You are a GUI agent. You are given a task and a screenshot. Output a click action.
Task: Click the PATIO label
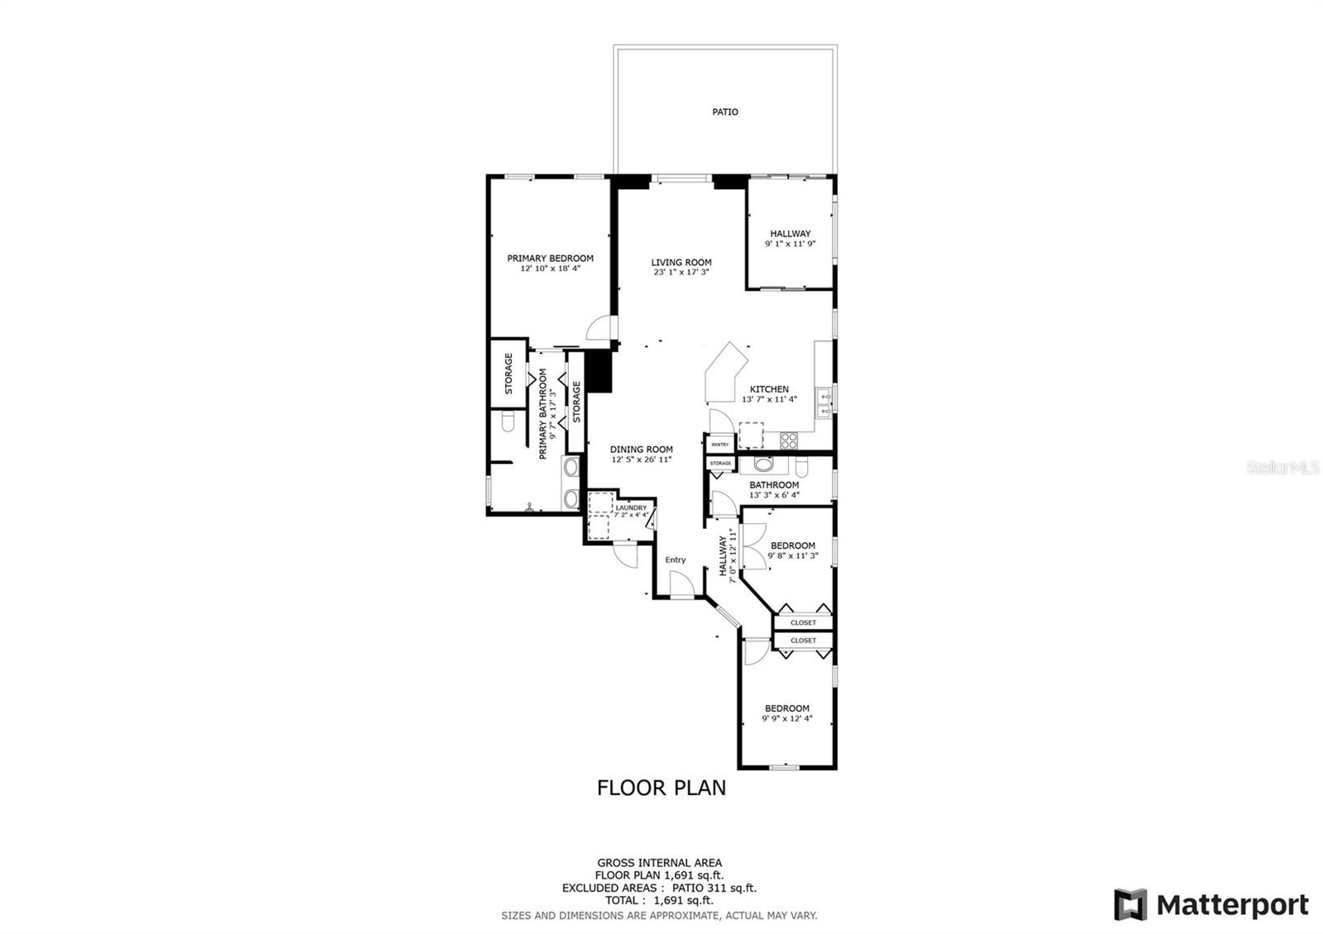tap(724, 112)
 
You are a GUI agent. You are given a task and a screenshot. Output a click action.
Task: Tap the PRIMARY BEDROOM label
tap(550, 258)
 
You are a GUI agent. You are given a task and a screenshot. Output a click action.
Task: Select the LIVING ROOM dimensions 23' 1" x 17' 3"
tap(681, 272)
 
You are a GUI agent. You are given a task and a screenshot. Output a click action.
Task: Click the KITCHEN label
tap(769, 389)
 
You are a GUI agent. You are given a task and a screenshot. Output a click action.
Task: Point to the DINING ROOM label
tap(642, 450)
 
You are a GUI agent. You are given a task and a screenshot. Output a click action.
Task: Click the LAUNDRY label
tap(631, 508)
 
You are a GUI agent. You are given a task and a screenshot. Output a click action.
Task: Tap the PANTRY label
tap(720, 445)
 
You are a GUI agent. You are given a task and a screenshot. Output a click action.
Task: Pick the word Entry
tap(675, 560)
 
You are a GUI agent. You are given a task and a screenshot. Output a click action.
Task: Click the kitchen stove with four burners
tap(789, 441)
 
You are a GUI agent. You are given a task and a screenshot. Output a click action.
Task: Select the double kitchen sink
tap(824, 403)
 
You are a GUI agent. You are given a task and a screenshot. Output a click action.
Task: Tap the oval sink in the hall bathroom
tap(763, 464)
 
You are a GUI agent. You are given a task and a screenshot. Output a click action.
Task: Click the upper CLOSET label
tap(803, 622)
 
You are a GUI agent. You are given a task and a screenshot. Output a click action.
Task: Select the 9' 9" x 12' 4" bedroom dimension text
tap(786, 718)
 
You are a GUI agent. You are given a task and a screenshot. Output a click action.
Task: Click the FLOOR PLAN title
tap(661, 788)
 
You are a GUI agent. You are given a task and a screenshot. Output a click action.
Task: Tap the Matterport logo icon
tap(1130, 904)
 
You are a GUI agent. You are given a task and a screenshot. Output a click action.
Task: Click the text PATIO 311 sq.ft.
tap(714, 888)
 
